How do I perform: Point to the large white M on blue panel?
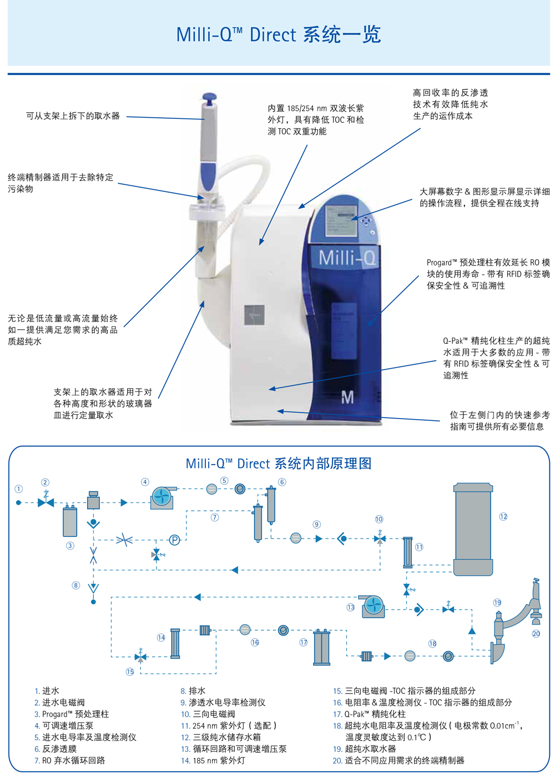pyautogui.click(x=348, y=397)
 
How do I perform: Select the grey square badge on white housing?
pyautogui.click(x=254, y=315)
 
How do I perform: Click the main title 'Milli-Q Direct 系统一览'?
pyautogui.click(x=278, y=34)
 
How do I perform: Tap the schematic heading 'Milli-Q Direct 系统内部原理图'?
pyautogui.click(x=278, y=464)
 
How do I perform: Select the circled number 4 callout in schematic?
pyautogui.click(x=145, y=482)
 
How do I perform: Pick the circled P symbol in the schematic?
pyautogui.click(x=174, y=540)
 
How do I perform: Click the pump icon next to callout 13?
pyautogui.click(x=373, y=606)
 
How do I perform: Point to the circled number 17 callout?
pyautogui.click(x=304, y=642)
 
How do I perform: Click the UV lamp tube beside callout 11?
pyautogui.click(x=408, y=552)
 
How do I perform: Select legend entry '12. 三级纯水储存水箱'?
pyautogui.click(x=221, y=737)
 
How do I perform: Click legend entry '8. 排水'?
pyautogui.click(x=193, y=691)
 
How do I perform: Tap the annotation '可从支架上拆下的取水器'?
pyautogui.click(x=73, y=116)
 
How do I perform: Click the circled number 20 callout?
pyautogui.click(x=536, y=634)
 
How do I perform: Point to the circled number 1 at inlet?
pyautogui.click(x=19, y=489)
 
